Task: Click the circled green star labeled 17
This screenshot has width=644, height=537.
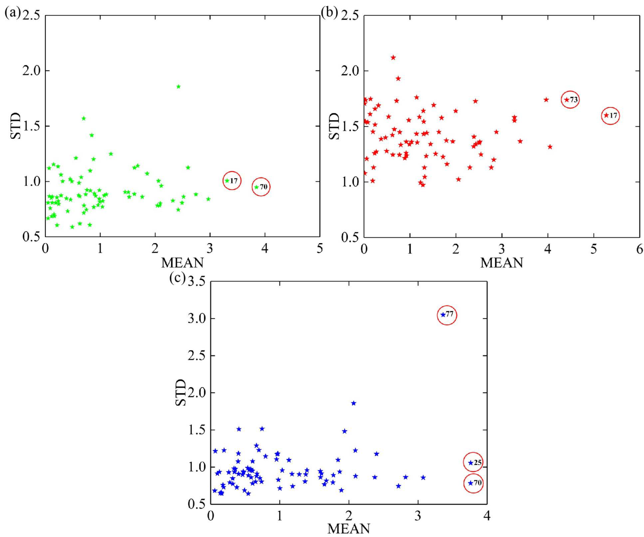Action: click(x=227, y=181)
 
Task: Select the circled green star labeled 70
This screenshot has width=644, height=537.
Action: click(x=256, y=187)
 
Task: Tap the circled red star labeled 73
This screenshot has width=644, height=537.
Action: click(x=566, y=100)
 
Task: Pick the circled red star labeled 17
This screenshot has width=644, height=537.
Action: click(x=606, y=115)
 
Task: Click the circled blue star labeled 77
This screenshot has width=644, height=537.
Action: click(x=443, y=315)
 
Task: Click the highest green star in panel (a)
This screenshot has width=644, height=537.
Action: click(x=178, y=87)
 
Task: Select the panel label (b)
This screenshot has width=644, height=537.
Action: click(x=329, y=12)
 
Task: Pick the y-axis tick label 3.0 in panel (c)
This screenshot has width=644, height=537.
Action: click(x=196, y=318)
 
